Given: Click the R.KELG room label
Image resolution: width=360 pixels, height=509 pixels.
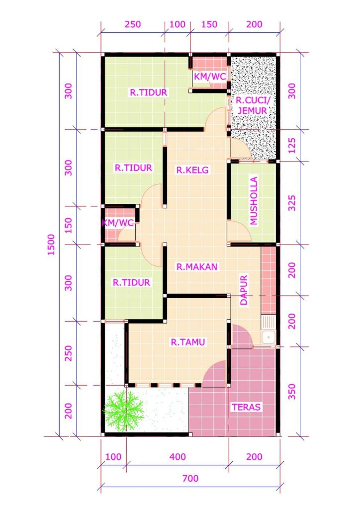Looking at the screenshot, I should [192, 170].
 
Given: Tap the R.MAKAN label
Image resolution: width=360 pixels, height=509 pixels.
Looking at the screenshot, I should [197, 266].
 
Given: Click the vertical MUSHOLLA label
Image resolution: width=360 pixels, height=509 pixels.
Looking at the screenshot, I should [254, 201].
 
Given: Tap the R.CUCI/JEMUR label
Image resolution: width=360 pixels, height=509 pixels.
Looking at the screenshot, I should [252, 105].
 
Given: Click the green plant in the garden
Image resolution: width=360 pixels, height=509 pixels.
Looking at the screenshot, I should [122, 410].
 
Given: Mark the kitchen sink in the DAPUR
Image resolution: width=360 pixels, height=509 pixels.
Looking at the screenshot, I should [269, 337].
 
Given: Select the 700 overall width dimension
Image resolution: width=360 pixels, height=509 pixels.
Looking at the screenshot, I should [190, 479].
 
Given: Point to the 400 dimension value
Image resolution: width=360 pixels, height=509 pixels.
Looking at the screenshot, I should [178, 456].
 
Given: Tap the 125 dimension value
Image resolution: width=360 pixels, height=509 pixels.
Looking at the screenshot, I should [292, 145].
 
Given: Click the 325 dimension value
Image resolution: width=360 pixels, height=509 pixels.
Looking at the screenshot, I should [292, 203].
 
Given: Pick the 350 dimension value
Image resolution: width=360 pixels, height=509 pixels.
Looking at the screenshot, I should [292, 391].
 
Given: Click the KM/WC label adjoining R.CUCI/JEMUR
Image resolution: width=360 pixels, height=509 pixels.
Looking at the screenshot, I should [210, 76].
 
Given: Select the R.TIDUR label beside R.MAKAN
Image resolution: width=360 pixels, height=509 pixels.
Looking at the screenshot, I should [131, 282].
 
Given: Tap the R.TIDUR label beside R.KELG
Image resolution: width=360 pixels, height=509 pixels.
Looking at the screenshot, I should [133, 168].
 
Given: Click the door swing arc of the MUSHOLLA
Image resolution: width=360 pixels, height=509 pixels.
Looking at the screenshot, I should [239, 230].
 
